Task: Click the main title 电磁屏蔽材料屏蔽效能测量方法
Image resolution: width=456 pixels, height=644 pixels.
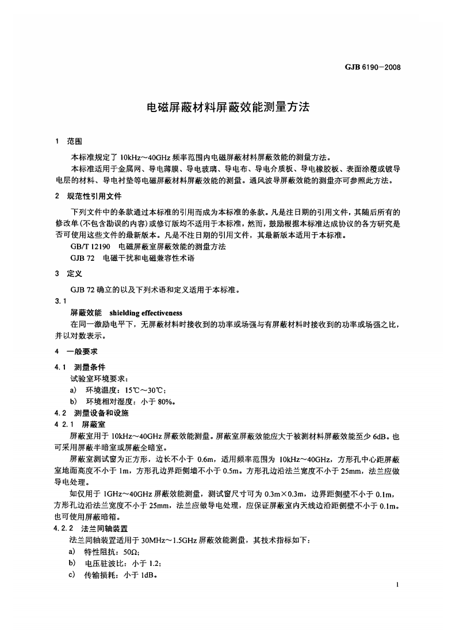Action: pos(228,107)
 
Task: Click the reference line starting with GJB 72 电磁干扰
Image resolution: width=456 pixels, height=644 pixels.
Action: pos(133,259)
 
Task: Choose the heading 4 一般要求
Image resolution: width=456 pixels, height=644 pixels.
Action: pos(76,351)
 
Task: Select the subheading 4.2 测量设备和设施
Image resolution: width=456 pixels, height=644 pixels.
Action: pos(91,413)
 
